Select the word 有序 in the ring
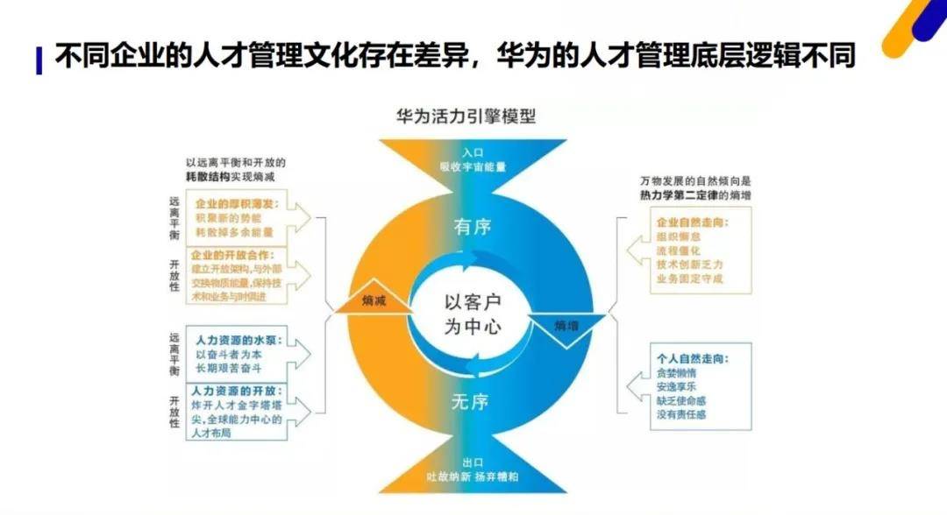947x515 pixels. coord(473,227)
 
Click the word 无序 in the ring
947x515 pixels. coord(470,402)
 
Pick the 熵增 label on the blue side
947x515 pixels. coord(566,325)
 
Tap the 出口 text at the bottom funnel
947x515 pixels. coord(473,463)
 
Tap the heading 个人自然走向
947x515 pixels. coord(693,359)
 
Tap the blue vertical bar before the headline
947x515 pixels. coord(39,60)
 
